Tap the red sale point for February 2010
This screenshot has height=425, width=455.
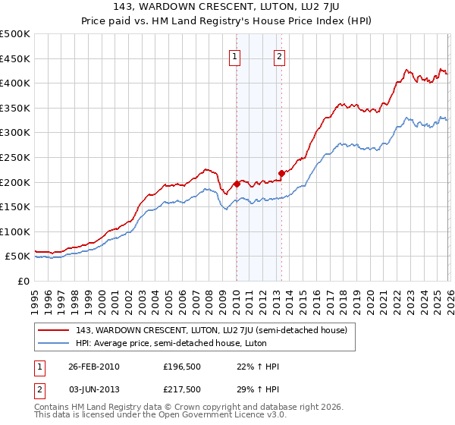pos(237,183)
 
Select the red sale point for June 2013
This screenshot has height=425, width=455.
pos(281,173)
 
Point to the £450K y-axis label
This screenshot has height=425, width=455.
pos(15,58)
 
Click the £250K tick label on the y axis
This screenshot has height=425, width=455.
pos(15,157)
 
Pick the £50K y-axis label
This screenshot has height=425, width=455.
pos(17,257)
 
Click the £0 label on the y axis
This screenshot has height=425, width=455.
pos(24,282)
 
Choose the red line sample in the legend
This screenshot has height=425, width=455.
pos(54,330)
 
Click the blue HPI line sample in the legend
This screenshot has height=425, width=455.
pos(54,343)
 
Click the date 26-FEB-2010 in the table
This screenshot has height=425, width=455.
pos(94,367)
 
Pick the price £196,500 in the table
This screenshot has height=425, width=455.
pos(183,367)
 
